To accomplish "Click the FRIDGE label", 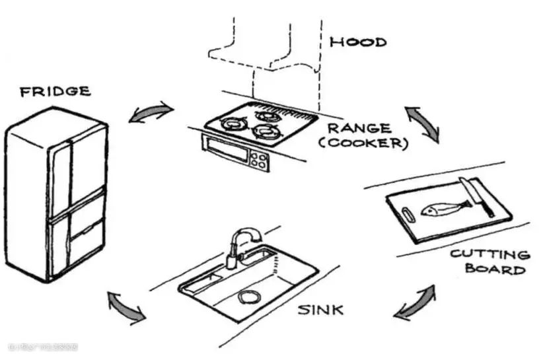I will [55, 91].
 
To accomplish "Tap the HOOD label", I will [358, 42].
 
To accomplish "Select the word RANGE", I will [359, 128].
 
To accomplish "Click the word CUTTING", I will [489, 254].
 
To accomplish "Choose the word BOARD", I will [495, 269].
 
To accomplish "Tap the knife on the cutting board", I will [478, 196].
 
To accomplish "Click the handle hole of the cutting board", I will [408, 213].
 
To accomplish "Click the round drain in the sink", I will [249, 299].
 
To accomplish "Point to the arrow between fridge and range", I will [151, 113].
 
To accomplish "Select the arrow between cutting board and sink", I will [415, 303].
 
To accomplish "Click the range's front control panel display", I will [229, 151].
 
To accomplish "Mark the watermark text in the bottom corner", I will [43, 347].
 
